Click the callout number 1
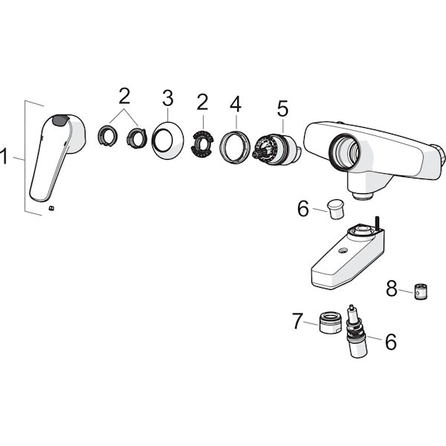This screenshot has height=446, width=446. pyautogui.click(x=4, y=155)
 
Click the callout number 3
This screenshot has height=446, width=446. pyautogui.click(x=168, y=98)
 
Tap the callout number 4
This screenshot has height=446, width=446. pyautogui.click(x=236, y=104)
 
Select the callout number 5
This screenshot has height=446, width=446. pyautogui.click(x=282, y=108)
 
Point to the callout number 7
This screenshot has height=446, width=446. pyautogui.click(x=298, y=320)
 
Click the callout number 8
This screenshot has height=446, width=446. pyautogui.click(x=392, y=288)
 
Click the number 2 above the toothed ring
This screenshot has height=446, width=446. pyautogui.click(x=202, y=102)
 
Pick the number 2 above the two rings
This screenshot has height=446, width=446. pyautogui.click(x=124, y=96)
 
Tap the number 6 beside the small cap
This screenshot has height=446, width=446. pyautogui.click(x=303, y=208)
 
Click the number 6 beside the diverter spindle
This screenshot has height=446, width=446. pyautogui.click(x=391, y=341)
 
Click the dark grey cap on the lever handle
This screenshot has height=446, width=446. pyautogui.click(x=60, y=120)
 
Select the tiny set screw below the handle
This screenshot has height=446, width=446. pyautogui.click(x=51, y=208)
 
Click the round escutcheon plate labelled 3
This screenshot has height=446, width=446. pyautogui.click(x=168, y=140)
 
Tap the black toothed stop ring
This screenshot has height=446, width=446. pyautogui.click(x=202, y=143)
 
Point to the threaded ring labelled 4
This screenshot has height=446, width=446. pyautogui.click(x=235, y=146)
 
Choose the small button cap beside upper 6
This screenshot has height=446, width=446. pyautogui.click(x=336, y=209)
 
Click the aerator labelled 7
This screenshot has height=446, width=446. pyautogui.click(x=330, y=323)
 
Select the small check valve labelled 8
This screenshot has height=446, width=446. pyautogui.click(x=421, y=291)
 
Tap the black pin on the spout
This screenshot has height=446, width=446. pyautogui.click(x=377, y=223)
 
